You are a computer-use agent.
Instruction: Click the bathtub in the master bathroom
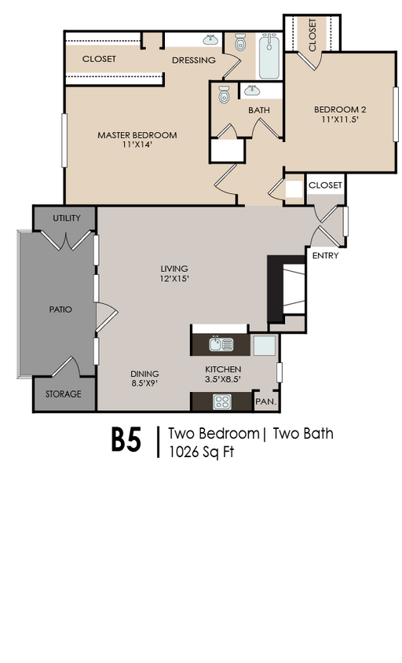pyautogui.click(x=269, y=57)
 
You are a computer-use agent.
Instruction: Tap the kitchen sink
pyautogui.click(x=221, y=344)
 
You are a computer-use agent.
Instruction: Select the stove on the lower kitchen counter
pyautogui.click(x=222, y=401)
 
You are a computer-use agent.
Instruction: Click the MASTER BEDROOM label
pyautogui.click(x=137, y=135)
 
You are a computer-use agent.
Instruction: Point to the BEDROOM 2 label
pyautogui.click(x=340, y=109)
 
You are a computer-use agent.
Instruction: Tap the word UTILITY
pyautogui.click(x=67, y=218)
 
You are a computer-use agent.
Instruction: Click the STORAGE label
pyautogui.click(x=64, y=394)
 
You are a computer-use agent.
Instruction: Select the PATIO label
pyautogui.click(x=60, y=310)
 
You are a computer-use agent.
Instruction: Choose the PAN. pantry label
pyautogui.click(x=266, y=401)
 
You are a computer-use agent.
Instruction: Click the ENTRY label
pyautogui.click(x=326, y=255)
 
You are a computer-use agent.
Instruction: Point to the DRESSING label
pyautogui.click(x=194, y=60)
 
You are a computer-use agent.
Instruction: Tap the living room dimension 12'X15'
pyautogui.click(x=174, y=279)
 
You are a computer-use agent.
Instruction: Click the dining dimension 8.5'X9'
pyautogui.click(x=144, y=383)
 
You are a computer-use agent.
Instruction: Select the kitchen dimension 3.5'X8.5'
pyautogui.click(x=223, y=379)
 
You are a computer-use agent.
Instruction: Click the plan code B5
pyautogui.click(x=126, y=441)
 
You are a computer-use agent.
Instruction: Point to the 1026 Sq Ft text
pyautogui.click(x=201, y=452)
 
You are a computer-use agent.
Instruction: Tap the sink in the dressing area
pyautogui.click(x=210, y=40)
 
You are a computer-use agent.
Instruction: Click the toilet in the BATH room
pyautogui.click(x=224, y=94)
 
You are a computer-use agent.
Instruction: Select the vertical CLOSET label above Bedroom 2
pyautogui.click(x=312, y=35)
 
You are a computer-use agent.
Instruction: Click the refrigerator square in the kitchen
pyautogui.click(x=264, y=346)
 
